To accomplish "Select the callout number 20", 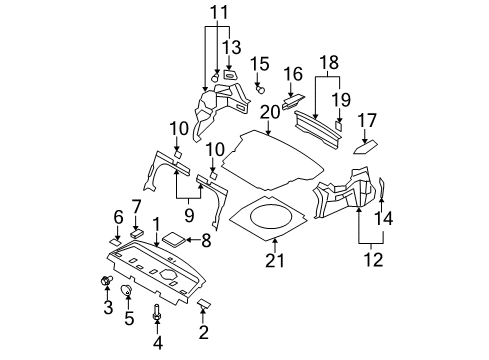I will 268,111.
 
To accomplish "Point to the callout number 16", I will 292,74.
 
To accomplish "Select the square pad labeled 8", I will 174,240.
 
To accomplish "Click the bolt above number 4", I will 157,314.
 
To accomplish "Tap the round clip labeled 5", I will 128,291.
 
